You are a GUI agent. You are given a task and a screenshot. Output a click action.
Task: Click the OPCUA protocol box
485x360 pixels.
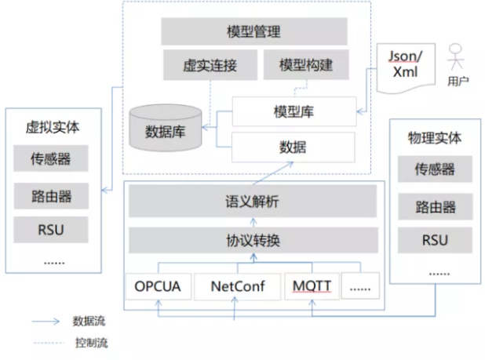(x=157, y=286)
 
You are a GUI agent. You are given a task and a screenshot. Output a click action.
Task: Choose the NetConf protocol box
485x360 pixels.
(x=235, y=286)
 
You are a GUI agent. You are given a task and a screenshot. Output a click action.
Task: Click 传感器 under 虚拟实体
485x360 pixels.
(x=52, y=159)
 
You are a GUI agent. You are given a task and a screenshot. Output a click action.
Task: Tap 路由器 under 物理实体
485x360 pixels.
(x=434, y=206)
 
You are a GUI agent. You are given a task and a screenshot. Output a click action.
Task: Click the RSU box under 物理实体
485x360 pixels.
(x=434, y=239)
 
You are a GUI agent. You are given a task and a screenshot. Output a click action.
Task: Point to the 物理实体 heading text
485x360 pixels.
(x=434, y=139)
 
